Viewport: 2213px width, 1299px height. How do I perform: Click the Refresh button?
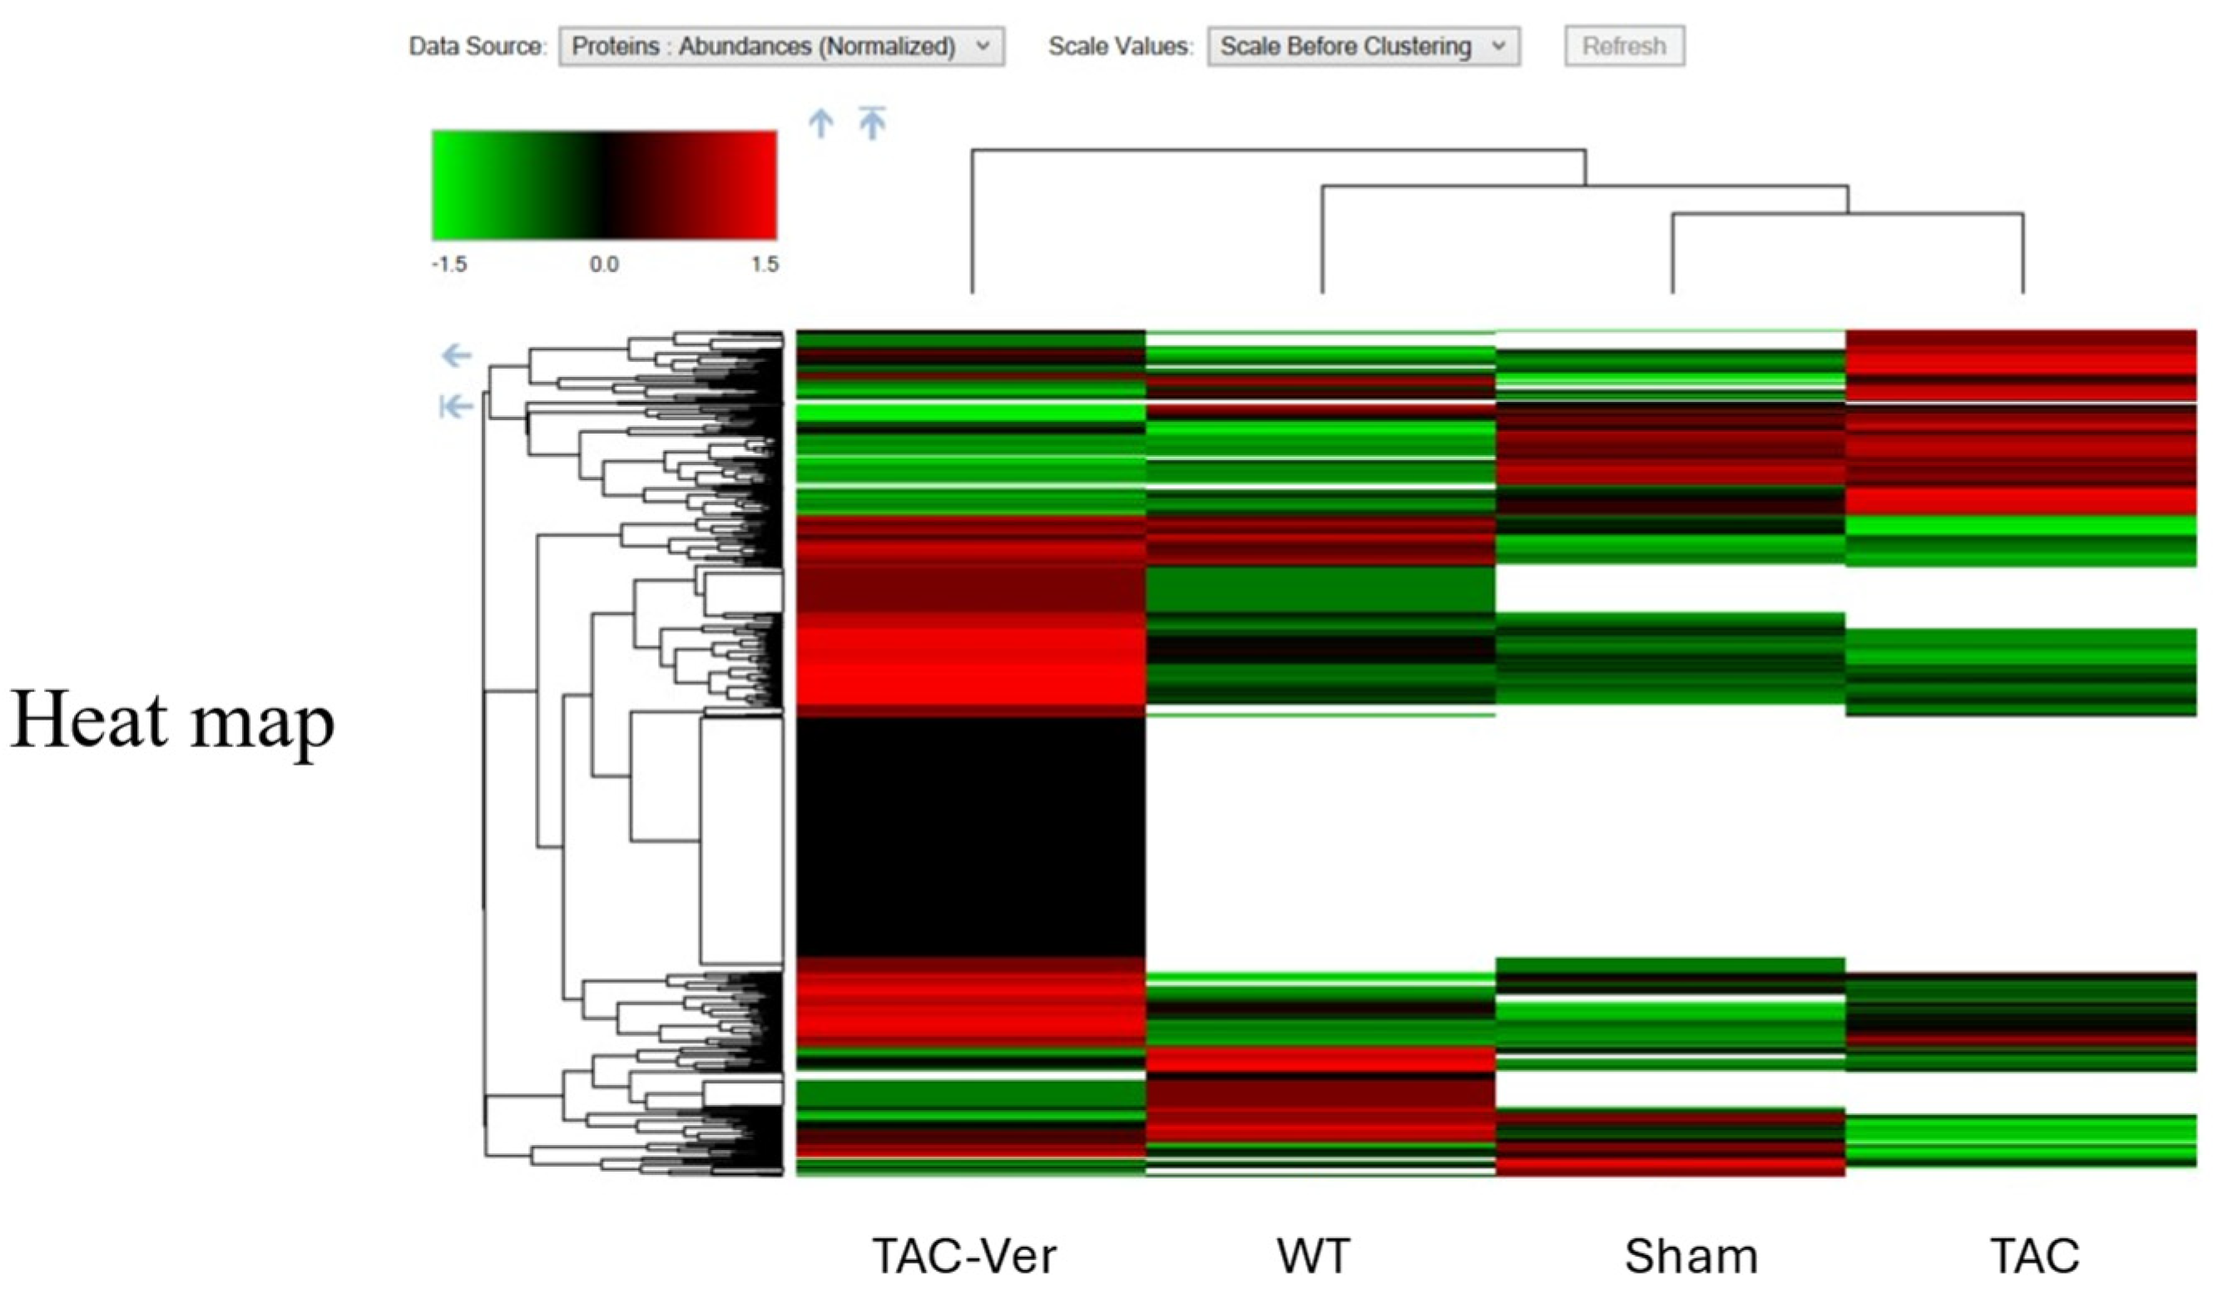coord(1624,46)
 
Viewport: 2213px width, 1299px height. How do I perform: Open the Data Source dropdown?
coord(780,46)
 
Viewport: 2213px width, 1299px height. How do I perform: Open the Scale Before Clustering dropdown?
coord(1363,46)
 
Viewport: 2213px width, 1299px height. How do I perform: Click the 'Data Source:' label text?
coord(477,46)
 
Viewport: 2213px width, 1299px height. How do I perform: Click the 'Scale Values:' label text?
coord(1121,46)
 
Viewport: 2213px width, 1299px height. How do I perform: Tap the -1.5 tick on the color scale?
coord(448,265)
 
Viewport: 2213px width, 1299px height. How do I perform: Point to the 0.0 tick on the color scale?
coord(604,265)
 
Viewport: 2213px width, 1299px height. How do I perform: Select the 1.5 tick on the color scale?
coord(764,265)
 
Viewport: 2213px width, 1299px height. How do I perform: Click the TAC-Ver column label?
coord(964,1256)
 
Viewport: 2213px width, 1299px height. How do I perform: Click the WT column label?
coord(1313,1256)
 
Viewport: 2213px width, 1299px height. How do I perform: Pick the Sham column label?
coord(1691,1256)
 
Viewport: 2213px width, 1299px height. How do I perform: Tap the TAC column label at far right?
coord(2035,1256)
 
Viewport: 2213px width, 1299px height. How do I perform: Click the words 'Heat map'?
coord(172,720)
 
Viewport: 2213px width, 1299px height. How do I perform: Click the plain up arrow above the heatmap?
coord(820,123)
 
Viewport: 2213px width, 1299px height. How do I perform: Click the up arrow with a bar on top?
coord(872,122)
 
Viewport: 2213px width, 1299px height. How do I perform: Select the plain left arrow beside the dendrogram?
coord(457,355)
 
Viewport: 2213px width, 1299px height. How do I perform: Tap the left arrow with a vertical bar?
coord(456,407)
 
